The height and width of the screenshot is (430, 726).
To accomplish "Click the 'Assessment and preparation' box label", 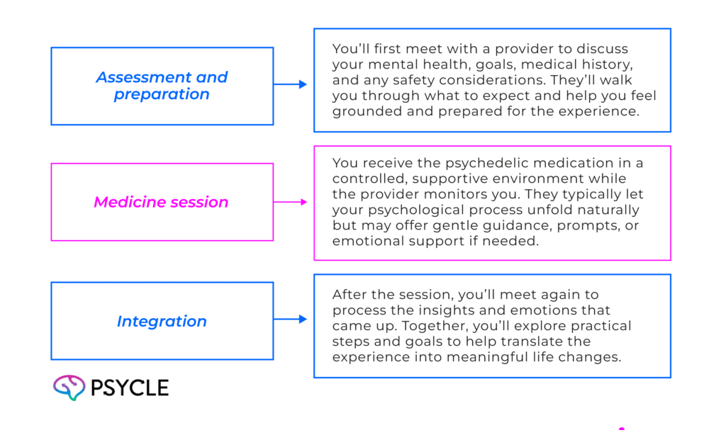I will (x=162, y=86).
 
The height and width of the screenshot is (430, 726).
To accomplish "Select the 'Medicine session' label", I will (x=162, y=203).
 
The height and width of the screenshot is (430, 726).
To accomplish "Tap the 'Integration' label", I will (x=162, y=322).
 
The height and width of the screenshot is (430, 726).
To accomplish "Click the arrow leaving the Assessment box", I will (x=291, y=85).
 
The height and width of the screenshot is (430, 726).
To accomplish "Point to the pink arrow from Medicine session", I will (x=291, y=203).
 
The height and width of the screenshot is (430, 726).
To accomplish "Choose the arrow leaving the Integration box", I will (x=291, y=319).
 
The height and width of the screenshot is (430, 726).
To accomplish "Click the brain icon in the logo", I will (x=69, y=387).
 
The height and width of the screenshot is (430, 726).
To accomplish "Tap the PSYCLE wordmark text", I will (x=129, y=388).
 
